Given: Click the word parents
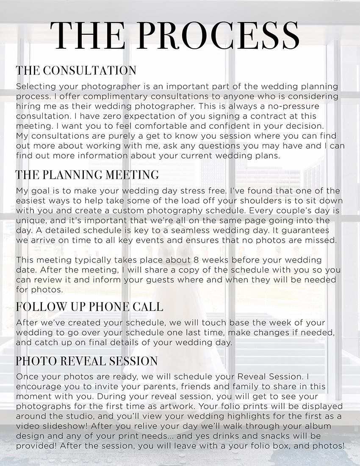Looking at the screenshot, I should (x=149, y=387).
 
